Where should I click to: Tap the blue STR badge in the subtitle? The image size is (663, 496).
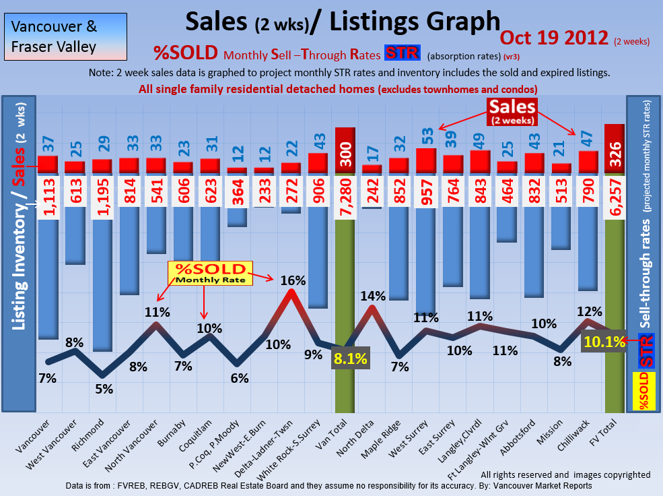click(x=403, y=53)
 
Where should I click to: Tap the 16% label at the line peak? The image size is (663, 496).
click(x=293, y=280)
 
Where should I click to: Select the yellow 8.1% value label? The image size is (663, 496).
click(x=349, y=359)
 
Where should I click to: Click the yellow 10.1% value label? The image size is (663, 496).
click(x=603, y=342)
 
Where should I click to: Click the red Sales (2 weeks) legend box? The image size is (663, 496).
click(x=512, y=112)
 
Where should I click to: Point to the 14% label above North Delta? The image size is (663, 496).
click(x=372, y=296)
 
